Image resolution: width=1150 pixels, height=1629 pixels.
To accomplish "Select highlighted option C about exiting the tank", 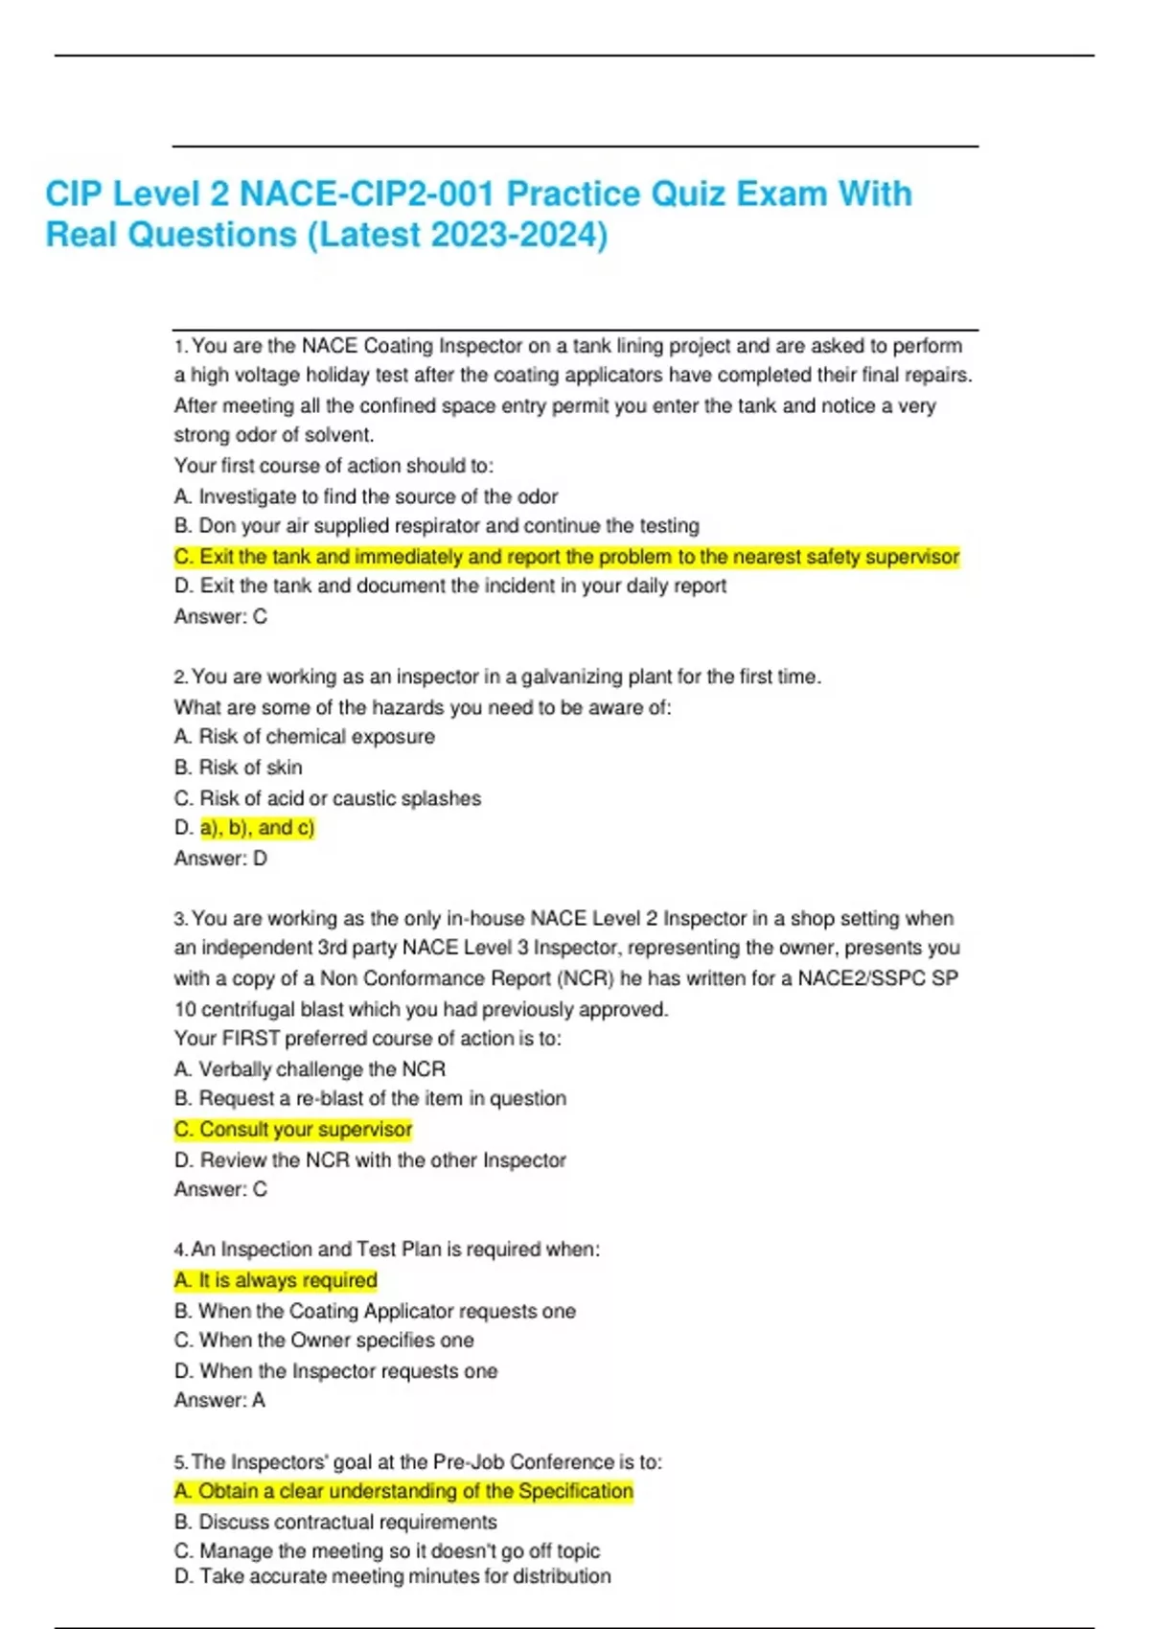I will pyautogui.click(x=565, y=557).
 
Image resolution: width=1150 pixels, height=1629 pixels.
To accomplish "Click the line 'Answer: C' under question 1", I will pyautogui.click(x=220, y=617).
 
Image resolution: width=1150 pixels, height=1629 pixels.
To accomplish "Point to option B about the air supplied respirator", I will pyautogui.click(x=436, y=526).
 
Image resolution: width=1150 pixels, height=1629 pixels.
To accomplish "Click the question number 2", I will pyautogui.click(x=180, y=677).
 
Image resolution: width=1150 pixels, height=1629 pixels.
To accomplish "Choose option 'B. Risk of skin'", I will pyautogui.click(x=238, y=768).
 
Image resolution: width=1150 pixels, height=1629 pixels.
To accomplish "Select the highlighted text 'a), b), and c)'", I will pyautogui.click(x=257, y=828).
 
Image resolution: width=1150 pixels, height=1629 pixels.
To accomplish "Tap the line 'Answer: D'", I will pyautogui.click(x=220, y=859).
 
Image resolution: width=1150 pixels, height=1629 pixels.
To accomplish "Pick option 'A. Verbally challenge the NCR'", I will pyautogui.click(x=310, y=1069).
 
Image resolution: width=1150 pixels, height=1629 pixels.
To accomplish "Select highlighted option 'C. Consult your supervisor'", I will pyautogui.click(x=292, y=1130).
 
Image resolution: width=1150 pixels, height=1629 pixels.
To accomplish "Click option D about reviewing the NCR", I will pyautogui.click(x=370, y=1160).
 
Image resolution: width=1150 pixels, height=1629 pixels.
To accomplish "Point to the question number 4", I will pyautogui.click(x=180, y=1250).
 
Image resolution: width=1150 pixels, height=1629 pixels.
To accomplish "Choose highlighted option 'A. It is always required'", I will pyautogui.click(x=275, y=1280).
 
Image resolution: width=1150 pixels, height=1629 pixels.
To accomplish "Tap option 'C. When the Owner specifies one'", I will pyautogui.click(x=324, y=1341).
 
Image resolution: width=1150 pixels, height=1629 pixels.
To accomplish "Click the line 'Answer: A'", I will pyautogui.click(x=219, y=1401).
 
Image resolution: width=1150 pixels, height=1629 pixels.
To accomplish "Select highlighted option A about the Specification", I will pyautogui.click(x=403, y=1492).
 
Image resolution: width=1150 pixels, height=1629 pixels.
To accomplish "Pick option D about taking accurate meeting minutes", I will pyautogui.click(x=392, y=1576).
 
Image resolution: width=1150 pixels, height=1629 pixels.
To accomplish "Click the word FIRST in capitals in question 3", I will pyautogui.click(x=251, y=1039).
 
